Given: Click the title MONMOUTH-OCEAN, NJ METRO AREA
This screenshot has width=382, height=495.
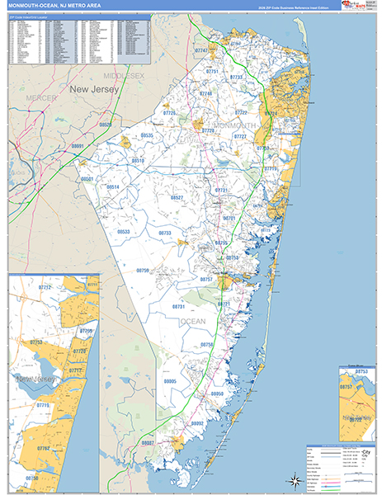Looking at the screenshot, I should click(51, 7).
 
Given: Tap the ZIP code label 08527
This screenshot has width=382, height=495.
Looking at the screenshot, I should click(177, 198).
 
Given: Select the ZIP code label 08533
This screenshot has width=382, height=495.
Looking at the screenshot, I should click(124, 232).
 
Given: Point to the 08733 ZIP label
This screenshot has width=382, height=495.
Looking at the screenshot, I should click(165, 233).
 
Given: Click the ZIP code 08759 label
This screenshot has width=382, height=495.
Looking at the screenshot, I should click(143, 271).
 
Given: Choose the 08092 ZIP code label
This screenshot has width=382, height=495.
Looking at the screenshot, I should click(196, 422).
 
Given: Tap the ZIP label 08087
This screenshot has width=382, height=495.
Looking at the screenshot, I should click(148, 443).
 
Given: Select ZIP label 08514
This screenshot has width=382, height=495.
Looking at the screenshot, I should click(114, 187).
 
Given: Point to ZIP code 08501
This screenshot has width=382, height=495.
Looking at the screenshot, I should click(88, 178).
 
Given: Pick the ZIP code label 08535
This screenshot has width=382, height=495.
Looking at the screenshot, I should click(147, 134).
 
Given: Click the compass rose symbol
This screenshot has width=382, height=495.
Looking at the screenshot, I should click(293, 478).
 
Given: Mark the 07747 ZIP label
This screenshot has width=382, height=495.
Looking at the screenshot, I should click(201, 51).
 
